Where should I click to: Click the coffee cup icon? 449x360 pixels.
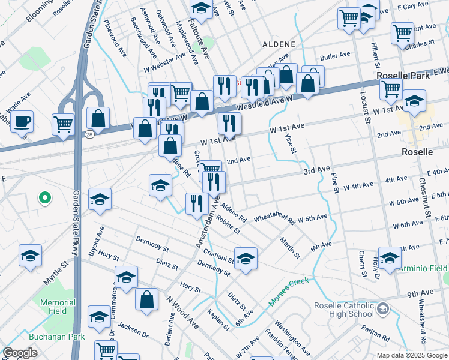[22, 122]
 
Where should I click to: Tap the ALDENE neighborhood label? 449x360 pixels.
[279, 45]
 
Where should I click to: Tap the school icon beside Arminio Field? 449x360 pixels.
[390, 258]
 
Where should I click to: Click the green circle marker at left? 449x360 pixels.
[43, 197]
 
